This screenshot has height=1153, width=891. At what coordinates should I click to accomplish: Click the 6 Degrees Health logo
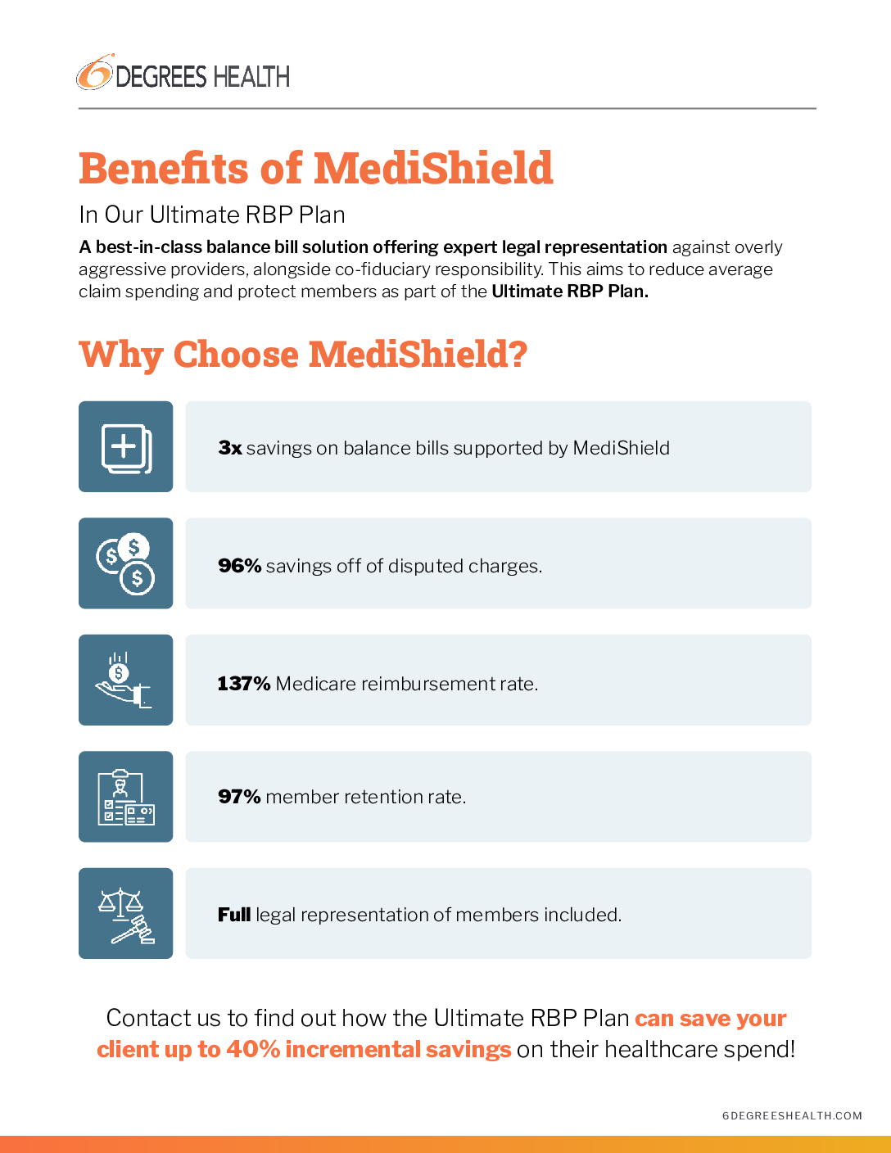point(183,75)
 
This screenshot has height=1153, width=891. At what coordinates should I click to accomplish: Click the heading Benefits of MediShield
point(315,169)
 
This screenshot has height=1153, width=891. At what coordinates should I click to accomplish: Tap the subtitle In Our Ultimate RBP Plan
point(212,215)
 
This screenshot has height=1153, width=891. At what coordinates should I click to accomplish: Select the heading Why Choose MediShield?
point(303,355)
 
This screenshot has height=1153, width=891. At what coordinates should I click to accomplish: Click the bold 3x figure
point(230,448)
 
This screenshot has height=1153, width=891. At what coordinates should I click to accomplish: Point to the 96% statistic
point(239,566)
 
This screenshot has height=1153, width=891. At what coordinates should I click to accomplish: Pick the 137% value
point(243,684)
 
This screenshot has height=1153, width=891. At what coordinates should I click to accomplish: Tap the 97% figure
point(239,797)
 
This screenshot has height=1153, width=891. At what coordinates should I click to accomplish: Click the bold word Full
point(234,915)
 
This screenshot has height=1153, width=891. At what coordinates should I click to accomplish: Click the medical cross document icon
point(126,447)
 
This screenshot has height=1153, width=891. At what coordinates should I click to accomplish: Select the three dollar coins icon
point(126,563)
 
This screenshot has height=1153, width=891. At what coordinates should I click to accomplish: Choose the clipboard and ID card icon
point(126,797)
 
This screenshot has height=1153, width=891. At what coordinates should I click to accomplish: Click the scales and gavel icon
point(126,914)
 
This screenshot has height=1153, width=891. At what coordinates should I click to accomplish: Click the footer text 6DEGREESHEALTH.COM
point(792,1115)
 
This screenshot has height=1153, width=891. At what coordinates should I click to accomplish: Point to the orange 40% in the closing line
point(253,1049)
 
